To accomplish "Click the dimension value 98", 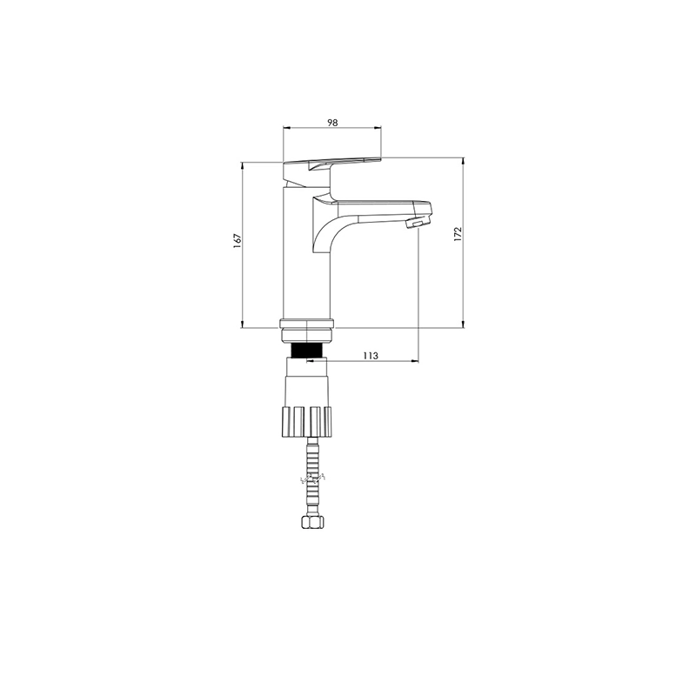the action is [332, 123].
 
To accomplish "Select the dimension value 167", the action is [238, 240].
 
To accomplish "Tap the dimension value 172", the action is [458, 235].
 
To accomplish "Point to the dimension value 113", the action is [371, 356].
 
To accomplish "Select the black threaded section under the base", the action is [306, 351].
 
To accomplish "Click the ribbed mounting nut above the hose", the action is [307, 421].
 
